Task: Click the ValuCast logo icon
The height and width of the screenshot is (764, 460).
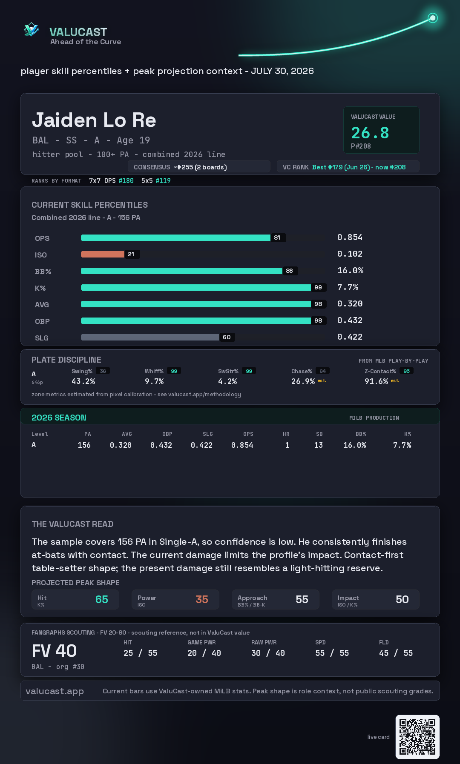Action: (31, 29)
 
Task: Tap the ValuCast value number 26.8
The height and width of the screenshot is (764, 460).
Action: (370, 133)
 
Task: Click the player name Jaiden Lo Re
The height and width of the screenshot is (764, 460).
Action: (94, 120)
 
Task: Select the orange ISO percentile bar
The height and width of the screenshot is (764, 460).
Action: (103, 254)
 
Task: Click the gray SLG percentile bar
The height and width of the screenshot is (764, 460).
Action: (150, 337)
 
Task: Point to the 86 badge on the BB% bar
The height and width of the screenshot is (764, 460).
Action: (290, 271)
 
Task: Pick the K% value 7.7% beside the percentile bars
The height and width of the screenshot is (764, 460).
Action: (348, 287)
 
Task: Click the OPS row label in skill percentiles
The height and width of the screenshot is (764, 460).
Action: (42, 238)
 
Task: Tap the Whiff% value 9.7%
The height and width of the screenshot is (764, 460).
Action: (154, 381)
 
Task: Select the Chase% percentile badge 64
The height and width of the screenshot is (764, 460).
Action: (323, 371)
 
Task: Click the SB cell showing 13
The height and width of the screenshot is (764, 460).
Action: (319, 445)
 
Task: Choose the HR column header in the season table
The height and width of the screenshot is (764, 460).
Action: (286, 434)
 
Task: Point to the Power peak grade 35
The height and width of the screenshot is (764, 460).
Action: (202, 599)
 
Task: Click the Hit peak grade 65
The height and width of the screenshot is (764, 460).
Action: (102, 599)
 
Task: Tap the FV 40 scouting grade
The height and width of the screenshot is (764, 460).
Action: (54, 651)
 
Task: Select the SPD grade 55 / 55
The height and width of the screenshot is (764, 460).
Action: (332, 653)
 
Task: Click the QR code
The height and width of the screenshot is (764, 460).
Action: (417, 737)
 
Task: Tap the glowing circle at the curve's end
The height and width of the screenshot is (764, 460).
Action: (433, 18)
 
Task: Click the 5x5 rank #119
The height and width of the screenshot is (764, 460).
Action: (163, 180)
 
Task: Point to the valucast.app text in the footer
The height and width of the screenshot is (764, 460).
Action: (55, 691)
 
